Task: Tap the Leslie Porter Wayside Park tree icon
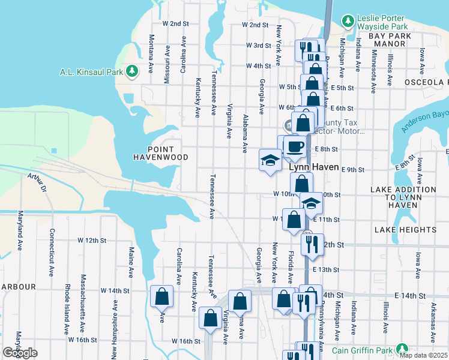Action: click(x=348, y=22)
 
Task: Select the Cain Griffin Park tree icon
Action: click(x=402, y=350)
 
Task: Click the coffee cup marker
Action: click(x=294, y=146)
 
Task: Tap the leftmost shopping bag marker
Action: click(x=162, y=296)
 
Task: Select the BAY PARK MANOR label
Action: click(x=390, y=36)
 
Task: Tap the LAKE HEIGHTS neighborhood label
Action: click(x=405, y=230)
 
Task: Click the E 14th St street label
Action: click(x=409, y=296)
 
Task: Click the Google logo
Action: click(x=20, y=353)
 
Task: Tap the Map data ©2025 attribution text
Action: click(x=424, y=355)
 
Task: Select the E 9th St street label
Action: click(x=353, y=170)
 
